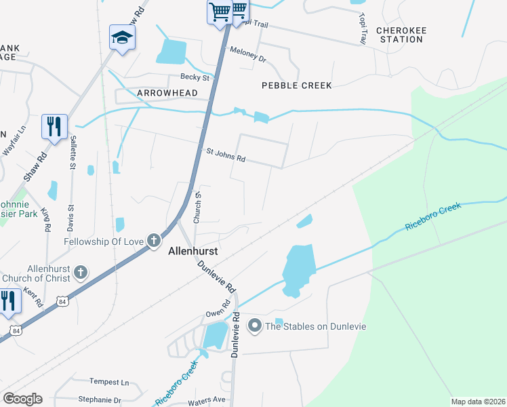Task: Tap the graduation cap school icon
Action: [x=122, y=37]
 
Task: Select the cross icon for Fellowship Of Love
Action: [x=154, y=240]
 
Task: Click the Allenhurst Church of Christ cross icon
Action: [x=81, y=273]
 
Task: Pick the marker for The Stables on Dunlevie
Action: [x=255, y=327]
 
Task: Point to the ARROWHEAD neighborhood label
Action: [x=167, y=93]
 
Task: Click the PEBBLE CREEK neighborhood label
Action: [x=297, y=85]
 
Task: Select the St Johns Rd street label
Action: [x=226, y=156]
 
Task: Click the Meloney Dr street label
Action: [x=248, y=54]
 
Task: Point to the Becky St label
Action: [x=193, y=77]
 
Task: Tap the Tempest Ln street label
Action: [x=109, y=382]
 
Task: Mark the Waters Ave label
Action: [x=206, y=400]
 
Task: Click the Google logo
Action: [x=22, y=398]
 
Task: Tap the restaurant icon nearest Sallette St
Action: [x=54, y=126]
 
